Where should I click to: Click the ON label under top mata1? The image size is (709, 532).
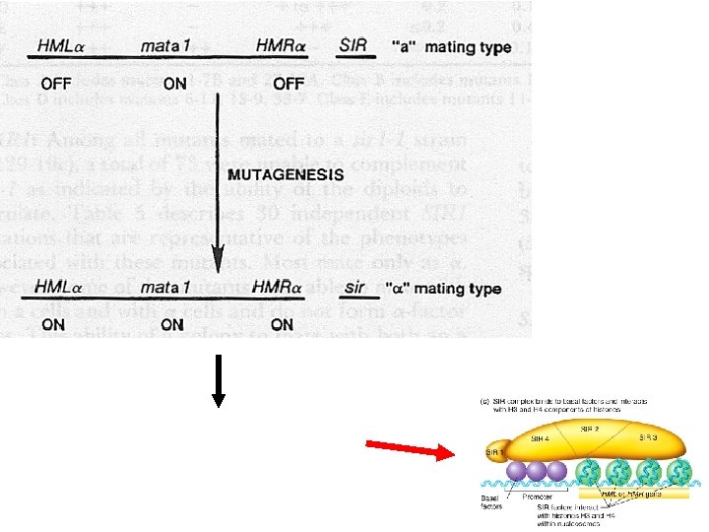pyautogui.click(x=174, y=84)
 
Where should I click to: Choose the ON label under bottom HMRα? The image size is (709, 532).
pyautogui.click(x=282, y=323)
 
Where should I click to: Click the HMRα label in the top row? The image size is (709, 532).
pyautogui.click(x=284, y=45)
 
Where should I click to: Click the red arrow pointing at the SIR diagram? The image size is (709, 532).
pyautogui.click(x=406, y=450)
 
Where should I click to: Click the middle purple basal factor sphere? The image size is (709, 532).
pyautogui.click(x=538, y=471)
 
